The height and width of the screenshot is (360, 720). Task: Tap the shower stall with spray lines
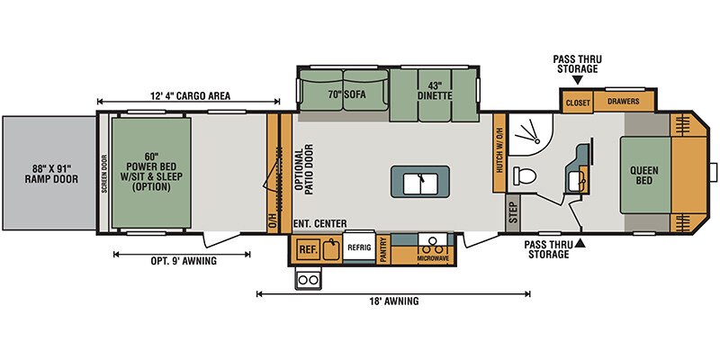(529, 134)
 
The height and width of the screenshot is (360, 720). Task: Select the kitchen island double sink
(419, 182)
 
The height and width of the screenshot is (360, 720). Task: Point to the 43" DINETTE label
(435, 91)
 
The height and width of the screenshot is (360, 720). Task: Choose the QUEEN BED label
(643, 175)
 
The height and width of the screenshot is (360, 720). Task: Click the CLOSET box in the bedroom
(578, 103)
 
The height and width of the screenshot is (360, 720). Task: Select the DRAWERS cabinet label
(623, 102)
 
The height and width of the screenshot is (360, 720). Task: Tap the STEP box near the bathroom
(513, 214)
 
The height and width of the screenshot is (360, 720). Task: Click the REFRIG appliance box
(358, 247)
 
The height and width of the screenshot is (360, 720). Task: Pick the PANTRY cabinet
(383, 249)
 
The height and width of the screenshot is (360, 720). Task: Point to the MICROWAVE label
(433, 259)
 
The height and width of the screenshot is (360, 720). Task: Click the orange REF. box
(309, 249)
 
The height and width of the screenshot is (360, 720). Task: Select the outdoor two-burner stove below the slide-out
(309, 279)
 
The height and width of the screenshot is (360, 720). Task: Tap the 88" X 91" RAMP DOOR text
(51, 174)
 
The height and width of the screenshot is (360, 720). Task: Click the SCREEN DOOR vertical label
(104, 174)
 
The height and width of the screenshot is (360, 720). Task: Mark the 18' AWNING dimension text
(393, 301)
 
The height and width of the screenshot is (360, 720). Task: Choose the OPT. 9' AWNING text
(184, 261)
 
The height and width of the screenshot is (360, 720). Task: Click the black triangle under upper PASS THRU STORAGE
(577, 80)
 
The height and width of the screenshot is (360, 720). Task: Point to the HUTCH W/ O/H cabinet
(499, 152)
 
